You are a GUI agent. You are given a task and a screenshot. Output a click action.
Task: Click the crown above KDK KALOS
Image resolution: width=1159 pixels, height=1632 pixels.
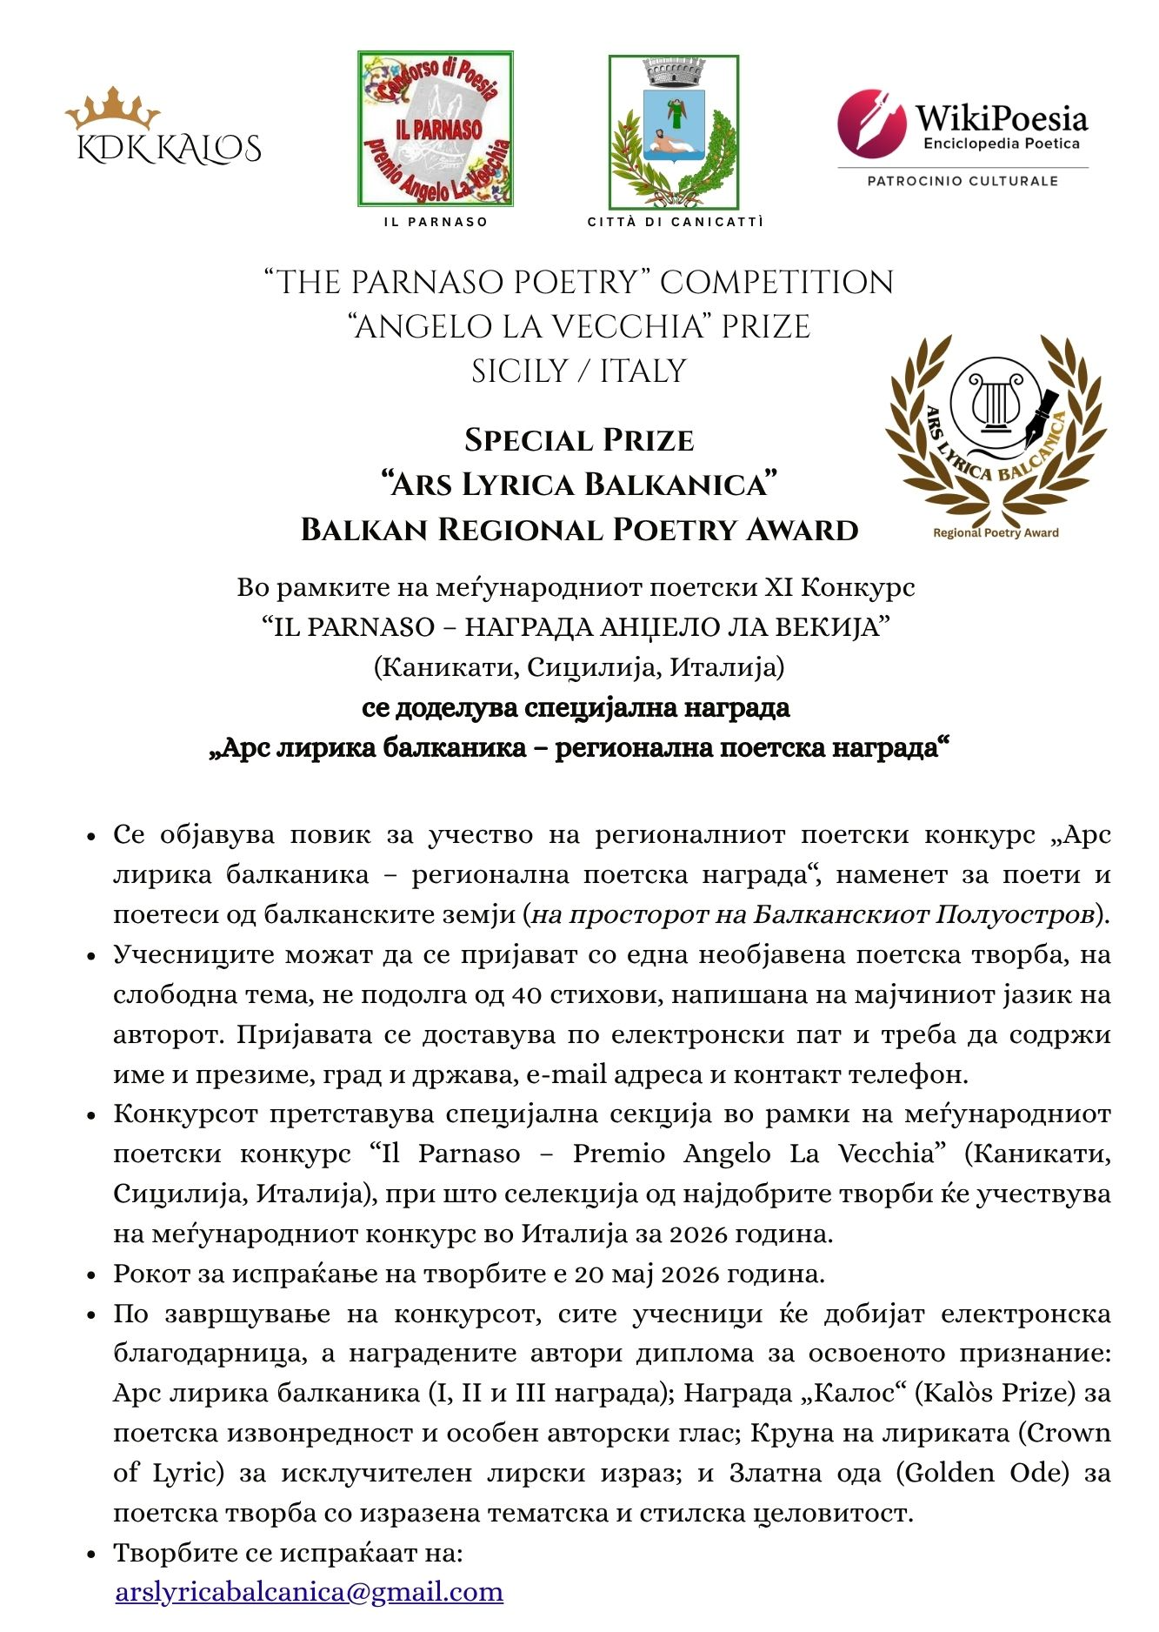click(112, 108)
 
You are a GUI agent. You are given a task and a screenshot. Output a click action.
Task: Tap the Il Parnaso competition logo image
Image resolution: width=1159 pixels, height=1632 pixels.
click(436, 129)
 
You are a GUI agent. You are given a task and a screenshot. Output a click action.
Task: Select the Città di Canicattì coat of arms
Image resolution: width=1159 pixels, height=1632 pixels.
click(673, 132)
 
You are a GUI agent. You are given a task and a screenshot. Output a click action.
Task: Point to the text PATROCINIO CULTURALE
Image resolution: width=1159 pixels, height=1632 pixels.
click(963, 181)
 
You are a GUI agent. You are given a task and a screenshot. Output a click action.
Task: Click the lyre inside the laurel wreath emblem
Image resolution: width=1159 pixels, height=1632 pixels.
click(993, 403)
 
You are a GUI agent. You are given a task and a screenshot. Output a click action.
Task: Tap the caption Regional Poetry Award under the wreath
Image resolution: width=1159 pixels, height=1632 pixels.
click(996, 533)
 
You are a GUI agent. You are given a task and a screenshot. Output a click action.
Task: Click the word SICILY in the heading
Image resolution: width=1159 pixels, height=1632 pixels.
click(520, 371)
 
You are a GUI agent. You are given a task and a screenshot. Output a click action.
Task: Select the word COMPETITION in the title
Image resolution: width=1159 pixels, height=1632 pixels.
click(776, 283)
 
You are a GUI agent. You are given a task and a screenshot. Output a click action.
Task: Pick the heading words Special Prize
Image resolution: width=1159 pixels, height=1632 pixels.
click(579, 440)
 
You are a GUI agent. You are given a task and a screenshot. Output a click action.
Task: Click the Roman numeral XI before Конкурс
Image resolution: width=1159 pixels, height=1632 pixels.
click(778, 587)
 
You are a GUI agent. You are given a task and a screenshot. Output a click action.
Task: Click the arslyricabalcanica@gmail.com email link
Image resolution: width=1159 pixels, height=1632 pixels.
click(310, 1592)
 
